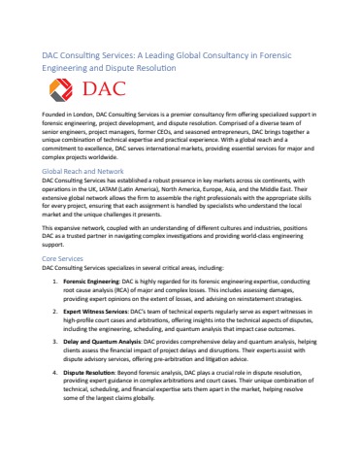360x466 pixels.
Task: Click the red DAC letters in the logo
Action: pos(104,92)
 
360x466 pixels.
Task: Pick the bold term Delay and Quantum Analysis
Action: pos(102,343)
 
